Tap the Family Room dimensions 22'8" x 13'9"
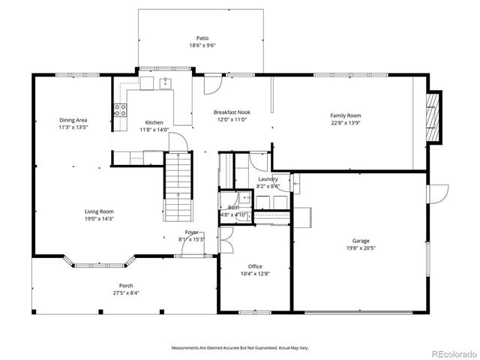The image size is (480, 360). coord(346,123)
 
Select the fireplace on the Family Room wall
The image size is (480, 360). coord(433,113)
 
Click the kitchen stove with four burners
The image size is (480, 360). coord(119,111)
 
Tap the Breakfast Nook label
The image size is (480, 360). coord(232,111)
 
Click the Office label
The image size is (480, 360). coord(255,266)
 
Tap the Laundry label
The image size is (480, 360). coord(268,178)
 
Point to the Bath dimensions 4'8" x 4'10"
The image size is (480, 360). coord(234,214)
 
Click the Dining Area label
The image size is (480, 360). coord(73,119)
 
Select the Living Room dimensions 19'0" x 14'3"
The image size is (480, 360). coord(99,220)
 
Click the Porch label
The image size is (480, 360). coord(126,285)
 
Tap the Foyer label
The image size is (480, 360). coord(192,232)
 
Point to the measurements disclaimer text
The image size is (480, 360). coord(240,348)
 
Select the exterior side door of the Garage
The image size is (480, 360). coord(433,193)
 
